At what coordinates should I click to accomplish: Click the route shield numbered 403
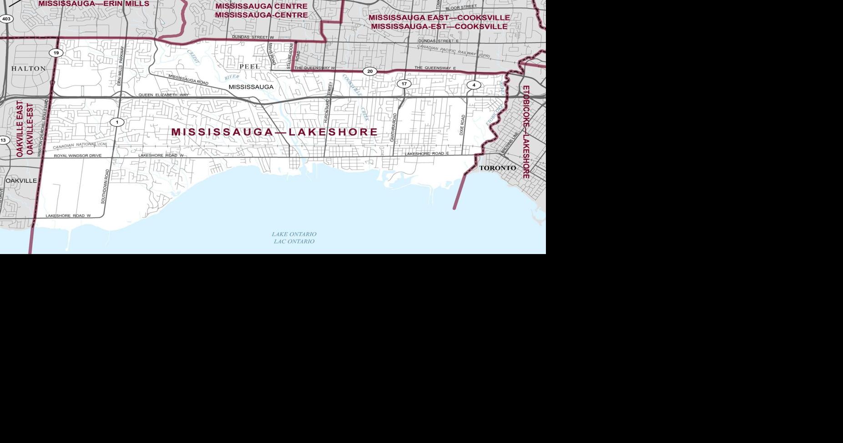[x=6, y=19]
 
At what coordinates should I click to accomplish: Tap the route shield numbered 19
[x=56, y=53]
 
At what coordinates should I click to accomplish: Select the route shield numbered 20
[x=370, y=71]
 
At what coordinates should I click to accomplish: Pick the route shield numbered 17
[x=404, y=84]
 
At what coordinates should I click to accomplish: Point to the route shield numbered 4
[x=474, y=85]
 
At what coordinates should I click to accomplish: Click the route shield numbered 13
[x=4, y=140]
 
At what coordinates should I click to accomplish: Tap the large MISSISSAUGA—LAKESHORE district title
[x=274, y=132]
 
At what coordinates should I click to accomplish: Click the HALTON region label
[x=28, y=69]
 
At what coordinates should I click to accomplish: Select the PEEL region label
[x=250, y=66]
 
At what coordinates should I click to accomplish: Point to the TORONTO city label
[x=498, y=168]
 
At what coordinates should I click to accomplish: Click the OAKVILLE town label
[x=21, y=181]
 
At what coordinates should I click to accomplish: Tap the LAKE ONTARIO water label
[x=294, y=234]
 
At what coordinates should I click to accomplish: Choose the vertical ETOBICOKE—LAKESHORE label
[x=526, y=132]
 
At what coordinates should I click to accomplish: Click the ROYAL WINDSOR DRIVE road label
[x=78, y=156]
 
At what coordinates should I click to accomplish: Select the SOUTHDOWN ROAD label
[x=105, y=186]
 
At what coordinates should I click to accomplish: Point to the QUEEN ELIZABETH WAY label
[x=163, y=95]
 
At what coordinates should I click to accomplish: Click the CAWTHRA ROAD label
[x=394, y=127]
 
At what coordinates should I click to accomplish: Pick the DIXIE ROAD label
[x=463, y=125]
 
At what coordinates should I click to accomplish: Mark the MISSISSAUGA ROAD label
[x=188, y=80]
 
